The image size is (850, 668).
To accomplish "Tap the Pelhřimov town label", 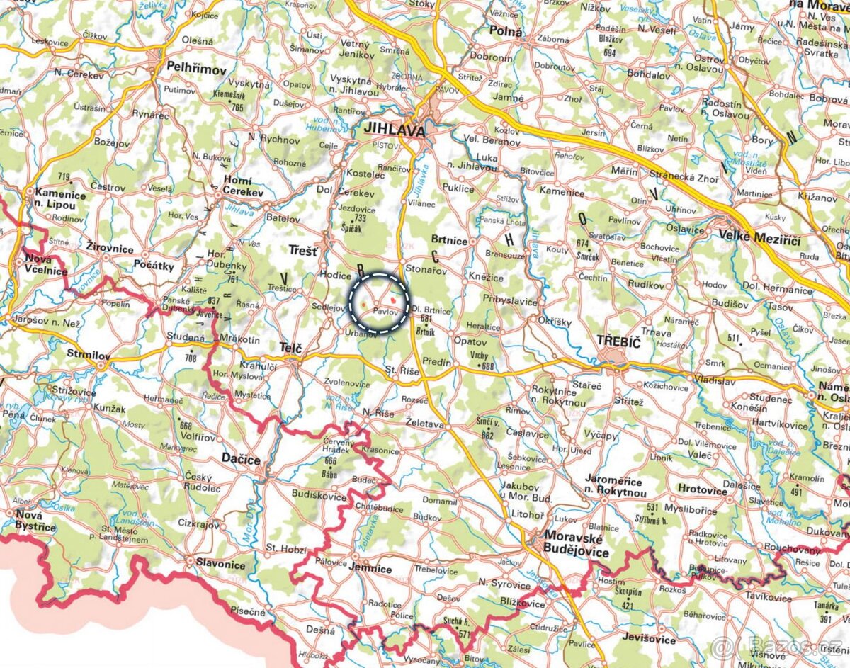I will pyautogui.click(x=196, y=69).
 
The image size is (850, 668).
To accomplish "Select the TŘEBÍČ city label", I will pyautogui.click(x=618, y=341).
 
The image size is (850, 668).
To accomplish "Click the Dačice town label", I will pyautogui.click(x=241, y=459).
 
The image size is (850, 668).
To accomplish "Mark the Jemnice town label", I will pyautogui.click(x=371, y=568).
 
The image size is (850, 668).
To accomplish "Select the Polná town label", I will pyautogui.click(x=506, y=32).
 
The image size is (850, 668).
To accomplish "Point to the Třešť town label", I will pyautogui.click(x=303, y=249).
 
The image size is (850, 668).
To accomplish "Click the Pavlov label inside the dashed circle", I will pyautogui.click(x=383, y=312).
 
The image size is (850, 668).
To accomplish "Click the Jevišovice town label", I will pyautogui.click(x=650, y=638).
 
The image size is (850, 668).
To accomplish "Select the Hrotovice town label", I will pyautogui.click(x=702, y=489).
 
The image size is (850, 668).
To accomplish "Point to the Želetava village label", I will pyautogui.click(x=424, y=425).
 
